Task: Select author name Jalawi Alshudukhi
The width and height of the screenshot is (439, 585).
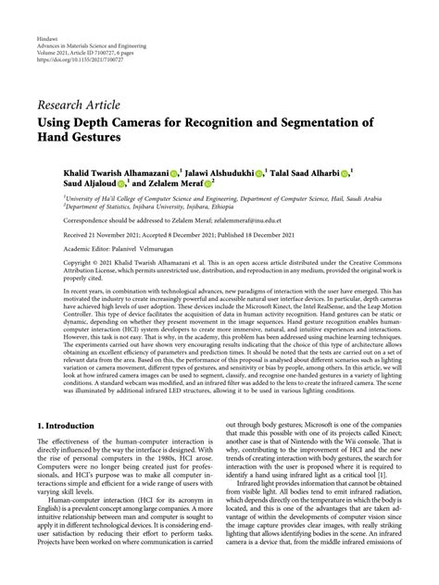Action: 223,172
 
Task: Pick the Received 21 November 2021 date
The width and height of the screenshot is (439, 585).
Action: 102,236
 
